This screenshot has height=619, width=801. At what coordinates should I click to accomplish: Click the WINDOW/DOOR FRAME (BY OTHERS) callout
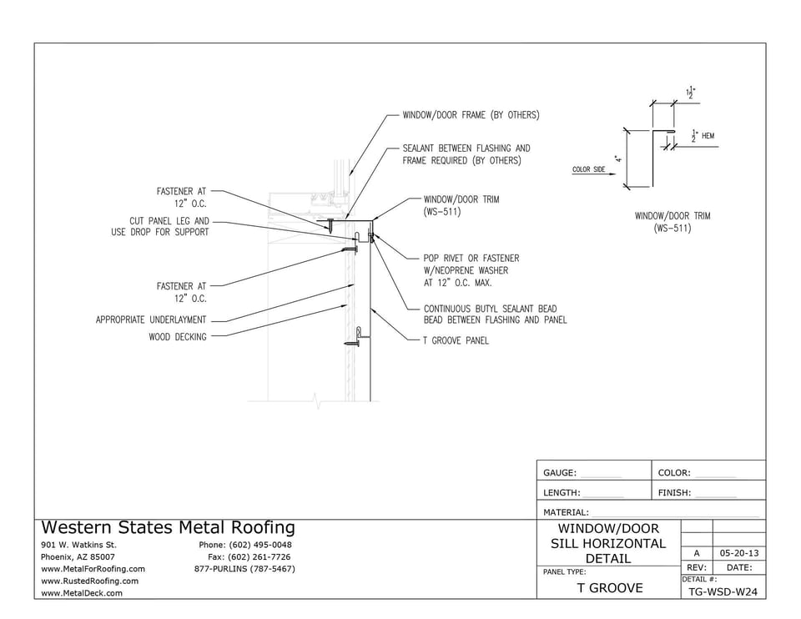coord(471,115)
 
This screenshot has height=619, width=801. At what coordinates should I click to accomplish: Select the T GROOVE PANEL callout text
coord(456,340)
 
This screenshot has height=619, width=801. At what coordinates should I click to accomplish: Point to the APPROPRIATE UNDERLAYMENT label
coord(151,320)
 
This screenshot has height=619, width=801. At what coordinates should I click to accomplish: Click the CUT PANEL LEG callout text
coord(159,227)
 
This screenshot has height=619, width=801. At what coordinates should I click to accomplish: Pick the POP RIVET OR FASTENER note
coord(471,270)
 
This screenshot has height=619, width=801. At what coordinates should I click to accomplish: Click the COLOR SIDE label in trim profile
coord(589,169)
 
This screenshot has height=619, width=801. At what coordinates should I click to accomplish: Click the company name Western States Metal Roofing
coord(168,528)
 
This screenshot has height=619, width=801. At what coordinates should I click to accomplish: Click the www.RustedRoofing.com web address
coord(89,581)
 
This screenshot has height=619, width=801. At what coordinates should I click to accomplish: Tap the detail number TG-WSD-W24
coord(723,591)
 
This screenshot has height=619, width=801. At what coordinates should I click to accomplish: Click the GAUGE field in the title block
coord(561,472)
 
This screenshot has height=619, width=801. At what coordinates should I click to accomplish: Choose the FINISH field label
coord(675,493)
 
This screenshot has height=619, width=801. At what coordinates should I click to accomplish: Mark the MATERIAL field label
coord(566,512)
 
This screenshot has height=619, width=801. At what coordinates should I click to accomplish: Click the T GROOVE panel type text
coord(609,588)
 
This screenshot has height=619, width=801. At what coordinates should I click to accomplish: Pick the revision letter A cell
coord(697,553)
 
